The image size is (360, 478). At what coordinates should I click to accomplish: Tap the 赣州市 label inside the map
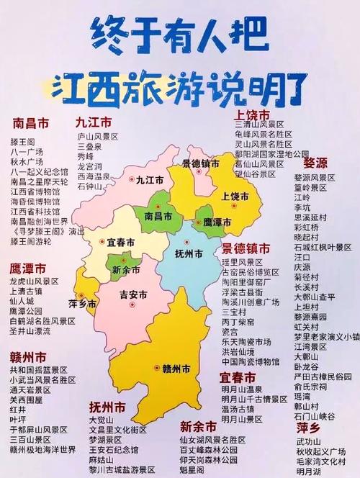(176, 369)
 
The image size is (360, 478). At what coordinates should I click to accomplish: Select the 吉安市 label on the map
(133, 295)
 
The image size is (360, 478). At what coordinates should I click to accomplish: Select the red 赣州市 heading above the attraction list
(28, 357)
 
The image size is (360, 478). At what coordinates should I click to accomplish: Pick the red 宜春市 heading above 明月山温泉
(238, 378)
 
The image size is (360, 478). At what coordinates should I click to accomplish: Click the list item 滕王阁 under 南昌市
(23, 143)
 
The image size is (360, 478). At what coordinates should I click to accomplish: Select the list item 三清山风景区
(259, 125)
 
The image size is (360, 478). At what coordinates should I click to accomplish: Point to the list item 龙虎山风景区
(34, 281)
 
